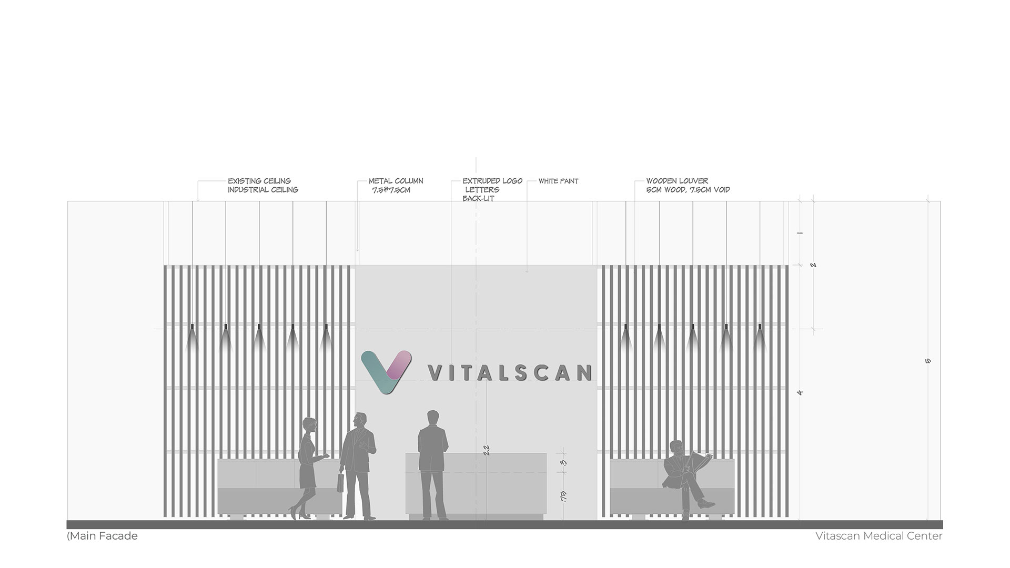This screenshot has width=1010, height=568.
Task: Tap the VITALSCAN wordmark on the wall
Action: coord(510,373)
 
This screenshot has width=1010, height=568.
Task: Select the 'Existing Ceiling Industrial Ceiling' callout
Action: coord(263,185)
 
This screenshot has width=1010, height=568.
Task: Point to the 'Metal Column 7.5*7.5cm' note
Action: coord(396,185)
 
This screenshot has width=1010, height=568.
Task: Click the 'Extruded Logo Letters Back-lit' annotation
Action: coord(492,189)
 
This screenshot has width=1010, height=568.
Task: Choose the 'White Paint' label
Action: coord(558,181)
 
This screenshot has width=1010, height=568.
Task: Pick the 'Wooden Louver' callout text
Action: coord(677,181)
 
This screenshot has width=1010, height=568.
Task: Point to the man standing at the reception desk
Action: coord(432,465)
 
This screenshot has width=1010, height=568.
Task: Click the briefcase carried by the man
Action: coord(340,483)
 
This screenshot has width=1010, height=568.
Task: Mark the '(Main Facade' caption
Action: coord(102,536)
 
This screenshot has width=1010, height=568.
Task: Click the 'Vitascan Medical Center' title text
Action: coord(879,536)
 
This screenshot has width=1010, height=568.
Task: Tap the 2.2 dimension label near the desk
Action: coord(486,450)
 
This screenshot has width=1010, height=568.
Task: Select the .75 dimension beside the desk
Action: coord(563,496)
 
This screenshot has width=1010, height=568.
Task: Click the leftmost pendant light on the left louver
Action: coord(192,338)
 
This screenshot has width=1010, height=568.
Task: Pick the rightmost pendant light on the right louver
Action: coord(759,338)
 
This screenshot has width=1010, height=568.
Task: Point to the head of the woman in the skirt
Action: coord(309,424)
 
